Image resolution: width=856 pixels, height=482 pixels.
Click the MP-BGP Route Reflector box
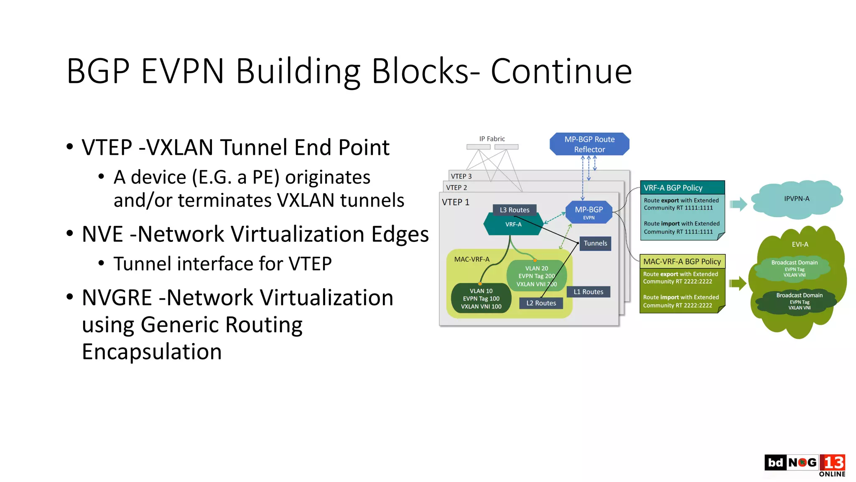point(589,144)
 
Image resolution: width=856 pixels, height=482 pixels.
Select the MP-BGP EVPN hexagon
point(588,212)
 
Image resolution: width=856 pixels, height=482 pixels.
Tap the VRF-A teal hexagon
point(513,224)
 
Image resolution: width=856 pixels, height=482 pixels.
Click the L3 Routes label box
point(514,210)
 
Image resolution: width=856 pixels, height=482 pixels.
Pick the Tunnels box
point(595,243)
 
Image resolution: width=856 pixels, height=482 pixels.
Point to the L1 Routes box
point(588,292)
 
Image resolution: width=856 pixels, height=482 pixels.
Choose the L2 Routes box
point(541,303)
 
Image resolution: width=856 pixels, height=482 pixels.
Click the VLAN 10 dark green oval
point(481,298)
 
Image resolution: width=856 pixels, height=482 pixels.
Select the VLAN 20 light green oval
point(536,276)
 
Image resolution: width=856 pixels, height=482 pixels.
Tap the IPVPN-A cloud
point(796,199)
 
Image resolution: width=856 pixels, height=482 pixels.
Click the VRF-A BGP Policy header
point(682,187)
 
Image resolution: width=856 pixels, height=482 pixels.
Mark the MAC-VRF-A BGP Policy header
point(682,262)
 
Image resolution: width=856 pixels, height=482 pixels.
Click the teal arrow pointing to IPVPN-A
point(738,204)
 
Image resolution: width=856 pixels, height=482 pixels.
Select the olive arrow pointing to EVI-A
point(738,283)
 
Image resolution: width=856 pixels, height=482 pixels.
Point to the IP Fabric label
point(492,138)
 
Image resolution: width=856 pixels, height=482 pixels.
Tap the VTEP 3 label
point(461,176)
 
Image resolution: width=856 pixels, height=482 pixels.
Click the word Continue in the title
point(561,71)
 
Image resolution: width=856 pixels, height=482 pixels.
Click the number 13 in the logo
point(833,463)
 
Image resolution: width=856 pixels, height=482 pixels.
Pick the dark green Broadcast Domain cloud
point(799,301)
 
